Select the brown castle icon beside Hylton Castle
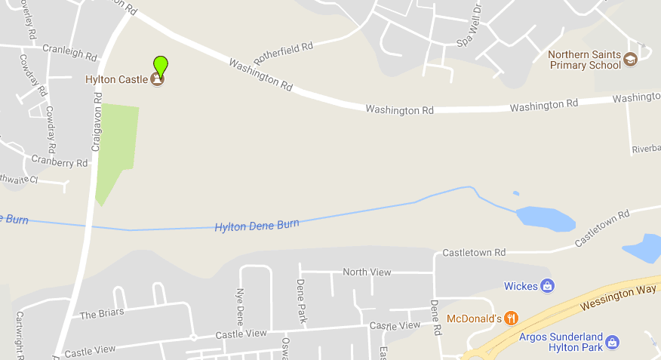point(157,78)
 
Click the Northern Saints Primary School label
point(584,60)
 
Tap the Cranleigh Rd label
point(69,56)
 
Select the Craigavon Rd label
point(97,122)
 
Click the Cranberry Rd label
point(60,162)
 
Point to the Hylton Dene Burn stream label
point(257,225)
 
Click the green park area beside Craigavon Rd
point(117,143)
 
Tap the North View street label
point(365,272)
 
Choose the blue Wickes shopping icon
point(548,285)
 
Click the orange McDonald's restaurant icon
point(512,318)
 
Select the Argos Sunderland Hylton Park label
point(561,342)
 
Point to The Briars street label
point(102,313)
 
